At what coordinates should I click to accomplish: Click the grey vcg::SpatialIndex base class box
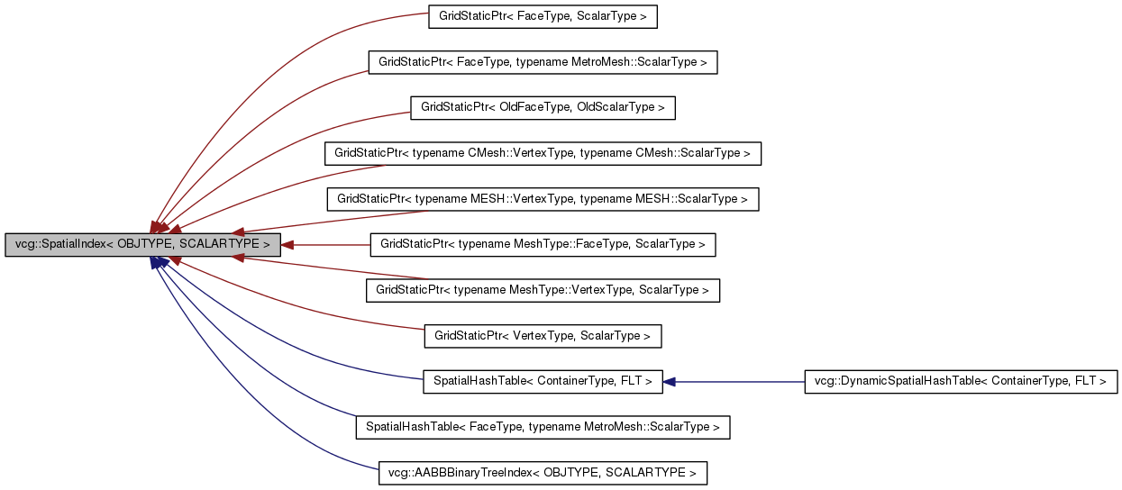point(142,244)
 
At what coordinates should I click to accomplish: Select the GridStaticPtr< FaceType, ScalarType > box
point(543,16)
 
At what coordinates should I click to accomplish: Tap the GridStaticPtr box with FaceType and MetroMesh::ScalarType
point(543,62)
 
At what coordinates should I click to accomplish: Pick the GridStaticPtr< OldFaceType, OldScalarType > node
point(543,107)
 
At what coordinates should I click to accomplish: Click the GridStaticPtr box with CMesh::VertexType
point(543,153)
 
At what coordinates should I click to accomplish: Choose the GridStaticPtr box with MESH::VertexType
point(543,198)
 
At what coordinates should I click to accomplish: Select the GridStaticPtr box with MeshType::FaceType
point(543,244)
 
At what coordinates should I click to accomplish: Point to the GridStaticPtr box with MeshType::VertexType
point(543,290)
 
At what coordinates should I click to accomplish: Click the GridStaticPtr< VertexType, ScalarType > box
point(543,336)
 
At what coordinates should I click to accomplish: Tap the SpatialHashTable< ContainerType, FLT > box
point(543,381)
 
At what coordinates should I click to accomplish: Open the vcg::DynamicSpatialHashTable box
point(961,381)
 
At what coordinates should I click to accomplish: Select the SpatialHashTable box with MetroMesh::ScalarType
point(543,427)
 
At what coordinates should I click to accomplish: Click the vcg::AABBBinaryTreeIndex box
point(543,472)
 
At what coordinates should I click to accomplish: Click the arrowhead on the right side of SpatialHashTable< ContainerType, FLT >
point(670,382)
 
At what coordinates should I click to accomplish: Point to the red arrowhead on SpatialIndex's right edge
point(287,244)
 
